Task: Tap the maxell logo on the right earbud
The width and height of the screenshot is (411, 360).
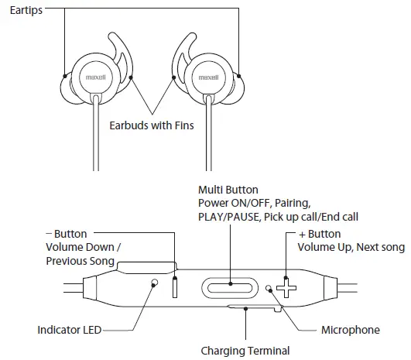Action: click(209, 77)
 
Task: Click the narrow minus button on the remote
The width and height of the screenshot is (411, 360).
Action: click(174, 286)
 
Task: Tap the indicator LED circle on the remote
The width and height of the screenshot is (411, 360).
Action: click(155, 284)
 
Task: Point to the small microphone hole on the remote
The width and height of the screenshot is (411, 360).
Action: click(269, 288)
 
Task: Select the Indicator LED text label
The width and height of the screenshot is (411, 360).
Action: click(70, 331)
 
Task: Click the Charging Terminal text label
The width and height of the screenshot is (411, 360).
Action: click(245, 351)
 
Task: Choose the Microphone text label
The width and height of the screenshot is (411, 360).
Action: click(350, 331)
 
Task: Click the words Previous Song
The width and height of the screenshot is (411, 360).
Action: click(81, 261)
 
